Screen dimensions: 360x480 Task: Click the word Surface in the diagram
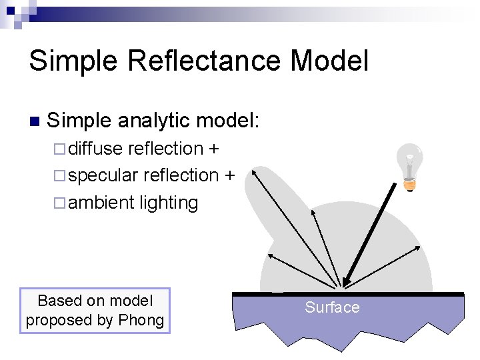[x=332, y=307]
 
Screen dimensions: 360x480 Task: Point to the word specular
[x=103, y=176]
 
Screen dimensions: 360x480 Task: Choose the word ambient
[x=101, y=203]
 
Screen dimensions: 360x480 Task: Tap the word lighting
[x=169, y=203]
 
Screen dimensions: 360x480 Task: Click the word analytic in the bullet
[x=157, y=121]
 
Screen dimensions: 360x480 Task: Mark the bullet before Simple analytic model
[x=34, y=121]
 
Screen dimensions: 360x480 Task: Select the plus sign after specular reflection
[x=229, y=175]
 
